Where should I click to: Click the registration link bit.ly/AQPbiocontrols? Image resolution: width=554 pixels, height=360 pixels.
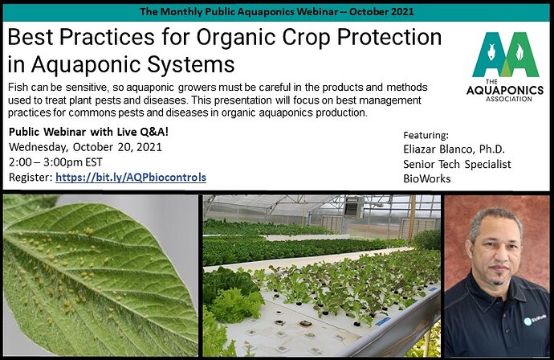pos(131,178)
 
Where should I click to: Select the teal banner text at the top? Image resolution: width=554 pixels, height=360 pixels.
pos(277,12)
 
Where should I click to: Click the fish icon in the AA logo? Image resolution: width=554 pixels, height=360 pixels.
pos(491,51)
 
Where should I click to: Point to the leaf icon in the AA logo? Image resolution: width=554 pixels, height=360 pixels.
pos(519,52)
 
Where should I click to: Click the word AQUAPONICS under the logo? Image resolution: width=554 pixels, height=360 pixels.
pos(505,90)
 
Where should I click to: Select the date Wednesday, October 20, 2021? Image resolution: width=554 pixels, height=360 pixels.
pos(85,147)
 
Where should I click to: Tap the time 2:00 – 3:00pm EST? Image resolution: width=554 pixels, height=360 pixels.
pos(56,162)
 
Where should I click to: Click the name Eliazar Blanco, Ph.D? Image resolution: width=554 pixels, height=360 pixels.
pos(454,149)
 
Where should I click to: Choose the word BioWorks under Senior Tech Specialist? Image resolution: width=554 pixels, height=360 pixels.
pos(427,179)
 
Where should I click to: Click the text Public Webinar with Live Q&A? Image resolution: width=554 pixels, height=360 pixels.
pos(88,132)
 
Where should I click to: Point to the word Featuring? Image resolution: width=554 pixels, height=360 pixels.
pos(426,136)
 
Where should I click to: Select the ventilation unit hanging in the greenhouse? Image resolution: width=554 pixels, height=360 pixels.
pos(353,207)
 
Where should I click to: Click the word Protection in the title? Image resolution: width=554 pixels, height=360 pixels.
pos(389,38)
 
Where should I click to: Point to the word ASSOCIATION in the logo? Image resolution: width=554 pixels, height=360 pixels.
pos(509,100)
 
